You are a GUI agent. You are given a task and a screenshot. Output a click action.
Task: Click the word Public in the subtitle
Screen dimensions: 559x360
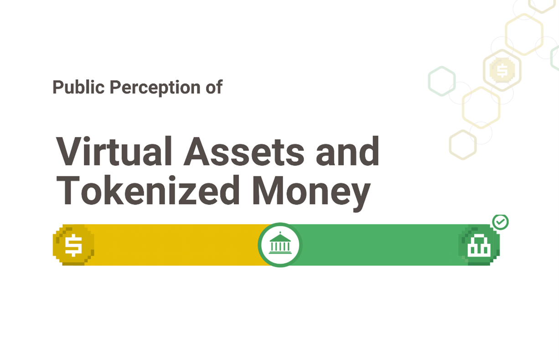[78, 87]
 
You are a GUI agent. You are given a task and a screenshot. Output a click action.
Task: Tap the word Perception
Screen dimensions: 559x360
[155, 88]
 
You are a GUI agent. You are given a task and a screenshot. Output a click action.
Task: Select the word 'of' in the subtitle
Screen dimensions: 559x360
[214, 87]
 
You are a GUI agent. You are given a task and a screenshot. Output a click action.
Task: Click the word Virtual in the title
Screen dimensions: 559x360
[114, 151]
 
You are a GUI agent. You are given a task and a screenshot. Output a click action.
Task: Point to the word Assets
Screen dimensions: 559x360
[244, 152]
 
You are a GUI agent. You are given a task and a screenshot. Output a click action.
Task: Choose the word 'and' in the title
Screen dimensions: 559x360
[347, 151]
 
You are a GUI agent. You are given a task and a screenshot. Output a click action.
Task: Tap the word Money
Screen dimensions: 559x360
[311, 193]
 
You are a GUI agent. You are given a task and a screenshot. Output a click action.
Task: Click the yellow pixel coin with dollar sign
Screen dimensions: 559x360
[73, 245]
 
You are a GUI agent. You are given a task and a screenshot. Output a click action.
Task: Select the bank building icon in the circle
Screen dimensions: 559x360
[280, 243]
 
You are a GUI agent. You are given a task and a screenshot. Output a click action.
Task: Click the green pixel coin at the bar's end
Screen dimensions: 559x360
[479, 245]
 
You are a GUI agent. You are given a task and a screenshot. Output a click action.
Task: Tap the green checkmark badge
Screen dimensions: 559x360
[500, 222]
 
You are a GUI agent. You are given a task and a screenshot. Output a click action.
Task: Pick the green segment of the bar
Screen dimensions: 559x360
[379, 245]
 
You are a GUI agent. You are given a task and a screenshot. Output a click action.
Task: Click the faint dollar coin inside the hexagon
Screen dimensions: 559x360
[502, 70]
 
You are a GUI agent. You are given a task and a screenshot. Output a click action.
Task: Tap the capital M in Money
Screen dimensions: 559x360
[268, 190]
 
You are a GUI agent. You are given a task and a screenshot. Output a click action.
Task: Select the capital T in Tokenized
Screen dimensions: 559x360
[68, 190]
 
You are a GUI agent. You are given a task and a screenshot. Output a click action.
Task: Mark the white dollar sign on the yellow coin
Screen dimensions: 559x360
[73, 245]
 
